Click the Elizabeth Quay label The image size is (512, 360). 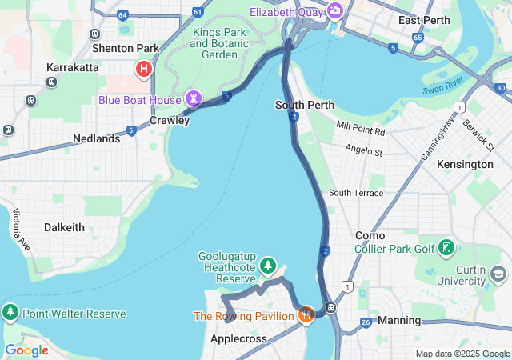[x=286, y=12]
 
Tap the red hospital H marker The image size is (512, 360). [x=144, y=69]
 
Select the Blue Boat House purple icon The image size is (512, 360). [x=194, y=98]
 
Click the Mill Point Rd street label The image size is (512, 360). [x=361, y=127]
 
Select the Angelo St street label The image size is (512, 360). [x=364, y=150]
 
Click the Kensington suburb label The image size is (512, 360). [x=466, y=164]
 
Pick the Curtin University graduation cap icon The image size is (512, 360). [x=498, y=274]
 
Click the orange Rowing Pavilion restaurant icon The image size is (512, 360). [x=306, y=316]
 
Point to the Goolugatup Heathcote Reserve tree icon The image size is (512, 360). [x=268, y=265]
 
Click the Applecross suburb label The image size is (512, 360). [x=238, y=339]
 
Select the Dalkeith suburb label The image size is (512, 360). [x=64, y=227]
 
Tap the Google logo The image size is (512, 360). [x=26, y=350]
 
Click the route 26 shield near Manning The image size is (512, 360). [x=365, y=322]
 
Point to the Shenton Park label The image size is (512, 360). [x=126, y=48]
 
